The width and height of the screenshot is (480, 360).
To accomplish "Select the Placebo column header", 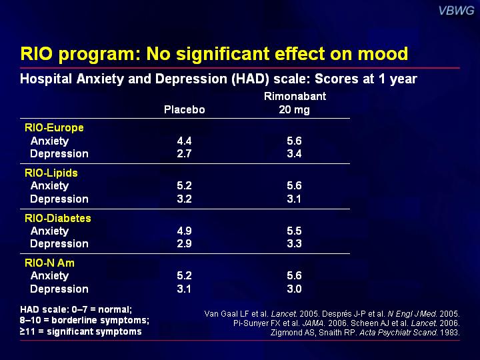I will pos(184,109).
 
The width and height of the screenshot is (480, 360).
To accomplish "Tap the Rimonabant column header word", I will pos(294,97).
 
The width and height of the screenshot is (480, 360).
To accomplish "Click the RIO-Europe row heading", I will pos(54,127).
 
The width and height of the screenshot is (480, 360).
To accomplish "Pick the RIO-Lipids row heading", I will pos(51,173).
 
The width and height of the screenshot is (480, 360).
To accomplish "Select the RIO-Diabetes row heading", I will pos(58,218).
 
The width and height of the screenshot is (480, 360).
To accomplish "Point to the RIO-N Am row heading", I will pos(49,263).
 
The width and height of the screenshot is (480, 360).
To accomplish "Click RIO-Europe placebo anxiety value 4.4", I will pos(184,141).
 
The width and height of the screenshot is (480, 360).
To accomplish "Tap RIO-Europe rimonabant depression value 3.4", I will pos(294,153).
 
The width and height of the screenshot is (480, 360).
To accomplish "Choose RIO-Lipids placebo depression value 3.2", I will pos(184,199).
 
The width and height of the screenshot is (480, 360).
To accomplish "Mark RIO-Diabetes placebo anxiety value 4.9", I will pos(184,231).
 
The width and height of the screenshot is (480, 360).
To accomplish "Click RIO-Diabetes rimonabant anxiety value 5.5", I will pos(294,231).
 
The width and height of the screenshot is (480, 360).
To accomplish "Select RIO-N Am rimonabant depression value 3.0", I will pos(294,289).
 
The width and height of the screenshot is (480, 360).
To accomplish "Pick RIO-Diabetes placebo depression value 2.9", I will pos(184,243).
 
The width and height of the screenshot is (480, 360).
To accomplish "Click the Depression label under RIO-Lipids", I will pos(59,199).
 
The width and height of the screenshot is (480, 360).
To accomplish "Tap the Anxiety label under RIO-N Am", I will pos(49,275).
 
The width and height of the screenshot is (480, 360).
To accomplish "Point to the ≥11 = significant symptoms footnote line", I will pos(81,331).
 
